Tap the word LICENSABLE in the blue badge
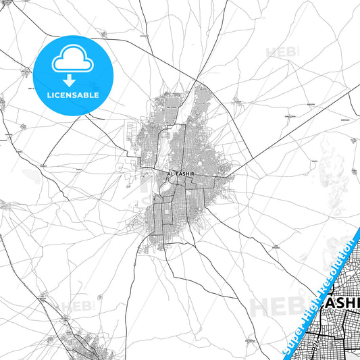point(74,95)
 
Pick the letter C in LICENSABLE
point(58,95)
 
